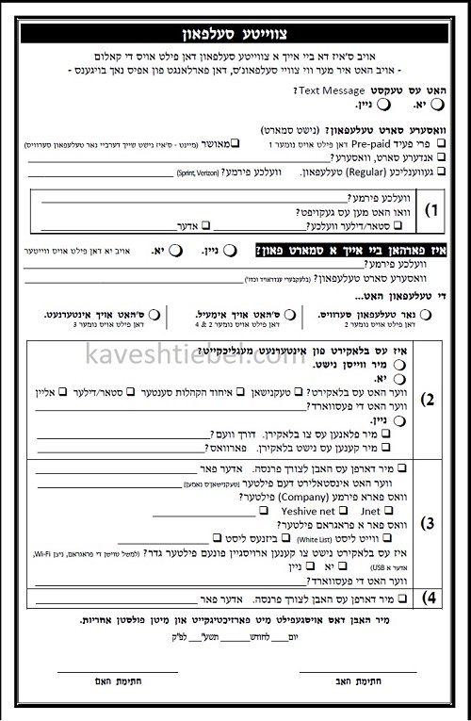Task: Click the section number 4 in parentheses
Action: pos(429,597)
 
